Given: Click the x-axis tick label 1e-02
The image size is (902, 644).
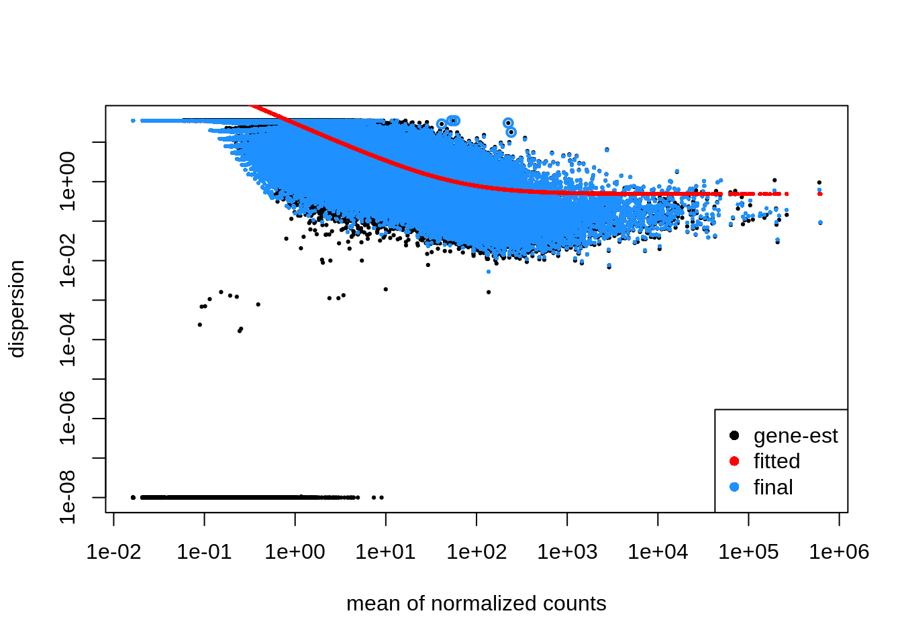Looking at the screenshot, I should click(x=113, y=552).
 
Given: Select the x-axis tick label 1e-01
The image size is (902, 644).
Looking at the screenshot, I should click(x=204, y=552).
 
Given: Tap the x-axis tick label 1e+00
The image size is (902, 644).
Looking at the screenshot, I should click(x=295, y=552).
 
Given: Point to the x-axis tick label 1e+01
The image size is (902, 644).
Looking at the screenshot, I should click(x=385, y=552).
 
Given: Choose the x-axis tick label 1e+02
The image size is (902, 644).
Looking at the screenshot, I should click(x=477, y=552).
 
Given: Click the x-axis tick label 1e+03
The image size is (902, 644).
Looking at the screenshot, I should click(x=567, y=552).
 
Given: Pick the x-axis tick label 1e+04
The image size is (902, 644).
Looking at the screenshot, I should click(x=658, y=552).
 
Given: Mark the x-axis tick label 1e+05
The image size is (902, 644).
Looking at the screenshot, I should click(x=748, y=552).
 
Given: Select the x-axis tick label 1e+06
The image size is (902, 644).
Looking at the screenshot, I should click(x=839, y=552).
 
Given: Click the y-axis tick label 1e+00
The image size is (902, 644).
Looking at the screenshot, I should click(x=68, y=181).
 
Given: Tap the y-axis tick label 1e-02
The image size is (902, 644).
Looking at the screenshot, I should click(x=68, y=260).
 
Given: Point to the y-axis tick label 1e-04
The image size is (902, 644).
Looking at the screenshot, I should click(x=68, y=339).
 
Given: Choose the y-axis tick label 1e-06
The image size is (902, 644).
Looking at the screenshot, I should click(x=68, y=419).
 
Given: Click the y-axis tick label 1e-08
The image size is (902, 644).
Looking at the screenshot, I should click(x=68, y=497).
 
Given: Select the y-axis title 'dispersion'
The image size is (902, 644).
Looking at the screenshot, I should click(x=16, y=309).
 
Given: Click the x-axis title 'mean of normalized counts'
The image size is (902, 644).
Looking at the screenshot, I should click(x=476, y=603).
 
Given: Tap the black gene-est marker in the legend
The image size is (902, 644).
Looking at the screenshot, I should click(x=734, y=435).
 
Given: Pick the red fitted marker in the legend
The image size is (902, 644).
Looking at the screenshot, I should click(x=734, y=461).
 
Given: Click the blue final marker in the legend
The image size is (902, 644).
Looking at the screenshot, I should click(x=734, y=487).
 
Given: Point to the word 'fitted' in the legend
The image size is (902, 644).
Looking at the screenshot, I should click(x=776, y=461).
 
